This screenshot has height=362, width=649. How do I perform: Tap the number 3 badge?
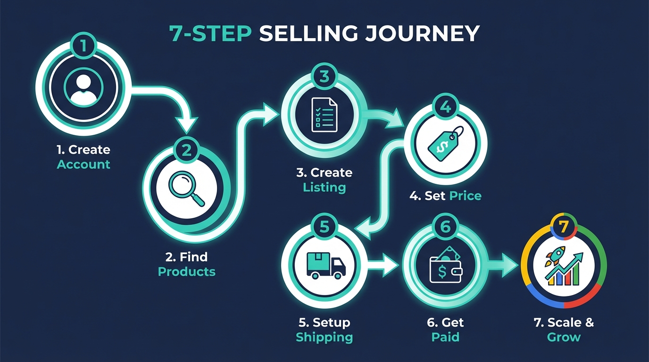click(324, 77)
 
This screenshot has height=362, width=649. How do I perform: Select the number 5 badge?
click(324, 227)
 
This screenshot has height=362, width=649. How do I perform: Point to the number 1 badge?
click(83, 46)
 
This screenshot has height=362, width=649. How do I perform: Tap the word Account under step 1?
click(83, 165)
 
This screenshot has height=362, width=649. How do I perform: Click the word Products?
click(187, 271)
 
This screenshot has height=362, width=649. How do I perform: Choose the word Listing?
click(324, 187)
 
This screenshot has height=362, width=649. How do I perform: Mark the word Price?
click(465, 195)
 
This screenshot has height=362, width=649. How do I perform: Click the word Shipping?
click(324, 337)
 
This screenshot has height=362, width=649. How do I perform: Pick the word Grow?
click(564, 337)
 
